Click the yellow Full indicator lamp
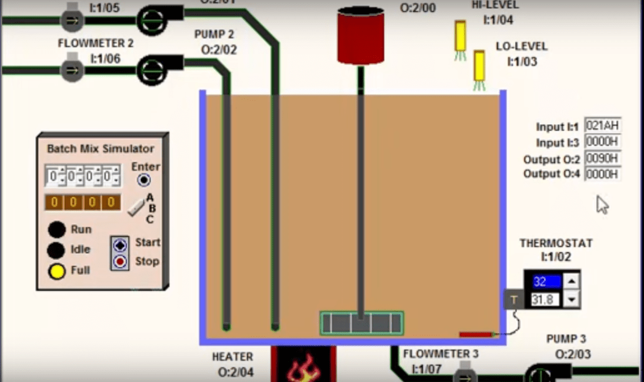click(x=56, y=271)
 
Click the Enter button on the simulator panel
click(x=144, y=180)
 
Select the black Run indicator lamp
click(x=56, y=230)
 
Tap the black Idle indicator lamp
click(x=56, y=250)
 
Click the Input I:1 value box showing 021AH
click(x=603, y=125)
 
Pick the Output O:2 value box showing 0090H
click(x=603, y=158)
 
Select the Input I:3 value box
click(x=603, y=142)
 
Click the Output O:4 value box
click(x=603, y=174)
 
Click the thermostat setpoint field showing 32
click(x=546, y=281)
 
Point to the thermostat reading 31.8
click(x=546, y=300)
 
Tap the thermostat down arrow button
click(x=571, y=300)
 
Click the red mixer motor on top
click(x=361, y=36)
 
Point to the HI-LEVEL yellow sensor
click(x=461, y=37)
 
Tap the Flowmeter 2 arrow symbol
click(x=72, y=70)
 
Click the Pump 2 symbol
click(x=155, y=70)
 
